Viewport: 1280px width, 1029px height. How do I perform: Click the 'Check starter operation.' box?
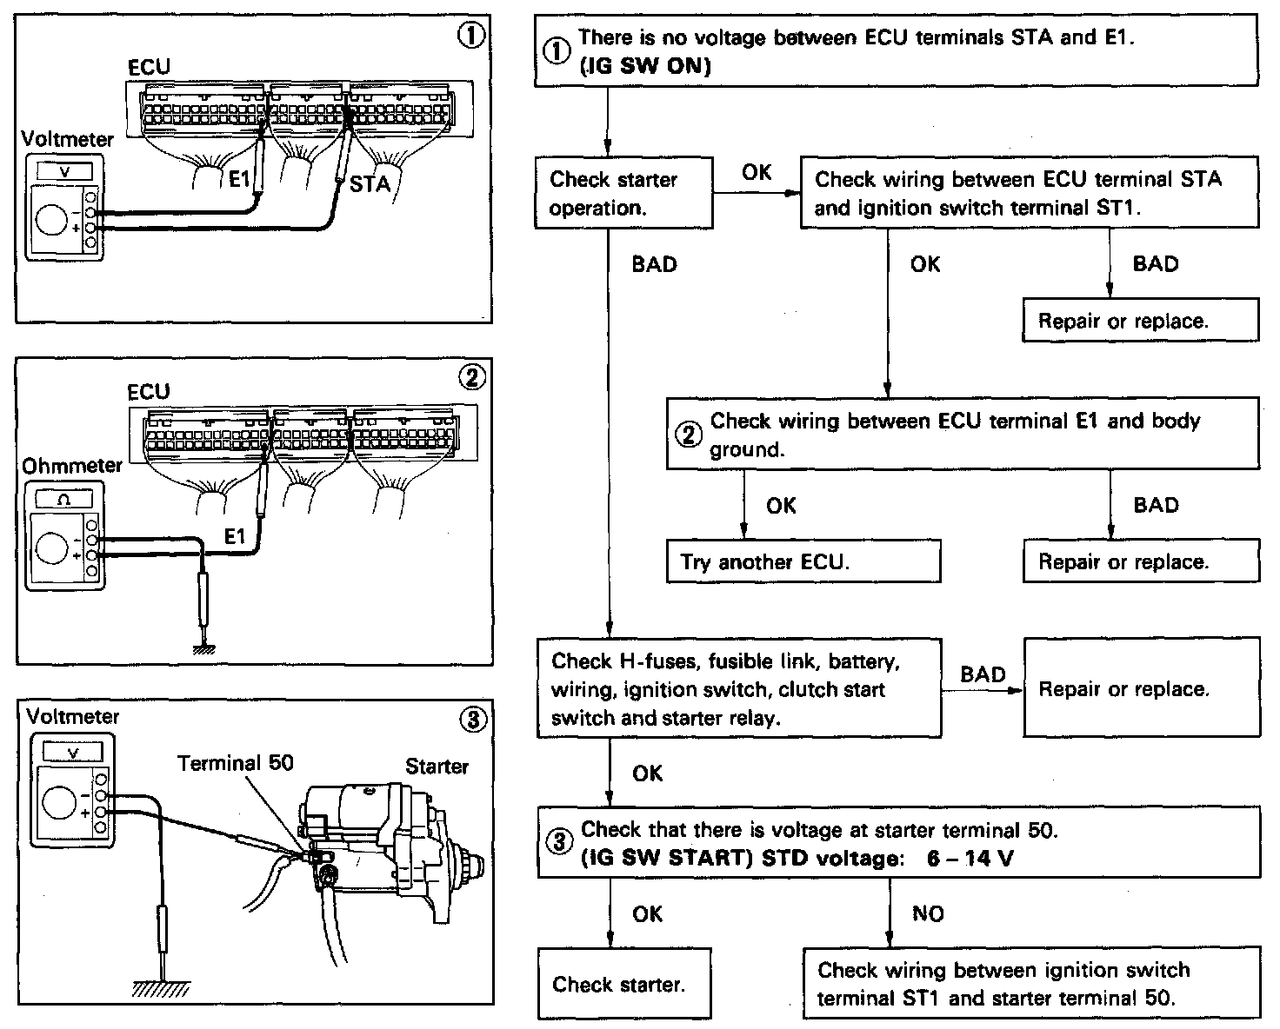tap(623, 193)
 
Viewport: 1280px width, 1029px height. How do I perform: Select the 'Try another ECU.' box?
tap(803, 561)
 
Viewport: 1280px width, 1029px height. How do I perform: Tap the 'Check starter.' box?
tap(623, 984)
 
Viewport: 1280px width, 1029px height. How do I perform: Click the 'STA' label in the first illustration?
tap(370, 184)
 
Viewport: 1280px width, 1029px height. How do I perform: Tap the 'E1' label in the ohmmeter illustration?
tap(236, 537)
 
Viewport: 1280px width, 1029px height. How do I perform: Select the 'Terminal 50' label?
tap(236, 763)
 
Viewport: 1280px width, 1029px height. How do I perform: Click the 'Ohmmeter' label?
tap(71, 466)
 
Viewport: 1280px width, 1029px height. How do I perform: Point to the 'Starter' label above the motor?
tap(437, 767)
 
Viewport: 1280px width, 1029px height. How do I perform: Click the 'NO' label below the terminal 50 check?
tap(928, 913)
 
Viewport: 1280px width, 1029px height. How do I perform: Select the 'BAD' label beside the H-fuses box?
tap(983, 674)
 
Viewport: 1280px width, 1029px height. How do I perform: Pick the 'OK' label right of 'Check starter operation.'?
tap(757, 172)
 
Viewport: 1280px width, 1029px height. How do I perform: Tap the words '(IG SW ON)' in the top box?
tap(644, 65)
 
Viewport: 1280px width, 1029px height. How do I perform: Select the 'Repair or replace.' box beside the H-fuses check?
tap(1141, 689)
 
